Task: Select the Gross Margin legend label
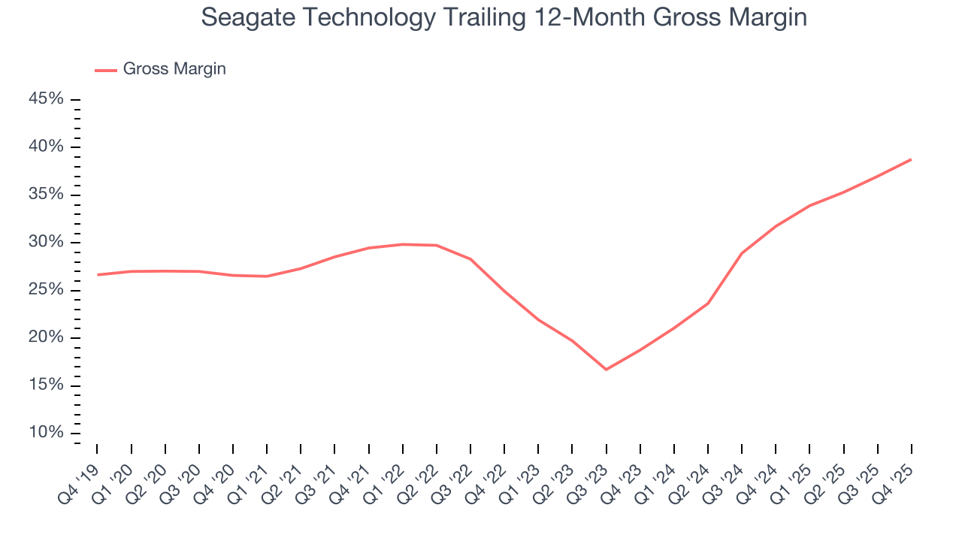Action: (174, 69)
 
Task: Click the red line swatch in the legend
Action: (105, 70)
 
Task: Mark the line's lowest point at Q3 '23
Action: (606, 369)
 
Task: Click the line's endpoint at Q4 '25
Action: (911, 159)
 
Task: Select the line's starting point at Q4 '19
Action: (98, 274)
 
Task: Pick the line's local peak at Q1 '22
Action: (403, 244)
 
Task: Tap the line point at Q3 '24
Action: (742, 253)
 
